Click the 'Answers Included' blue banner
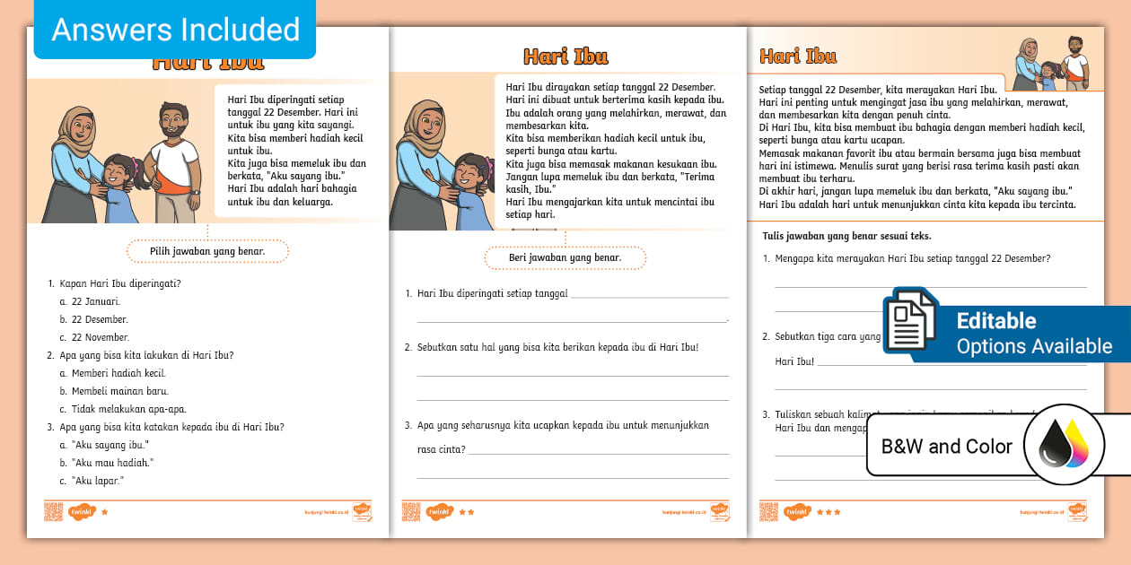tap(175, 30)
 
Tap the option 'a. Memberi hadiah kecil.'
tap(113, 373)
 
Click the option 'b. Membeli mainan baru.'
tap(114, 391)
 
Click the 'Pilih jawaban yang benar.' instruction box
tap(207, 252)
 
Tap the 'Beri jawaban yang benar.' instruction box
tap(565, 258)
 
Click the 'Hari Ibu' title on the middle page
tap(565, 56)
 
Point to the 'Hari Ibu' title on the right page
tap(798, 56)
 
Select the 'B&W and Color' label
tap(946, 446)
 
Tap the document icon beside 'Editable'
tap(910, 322)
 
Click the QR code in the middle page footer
tap(411, 512)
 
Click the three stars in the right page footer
tap(829, 512)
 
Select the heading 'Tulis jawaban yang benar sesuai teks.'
tap(845, 236)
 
